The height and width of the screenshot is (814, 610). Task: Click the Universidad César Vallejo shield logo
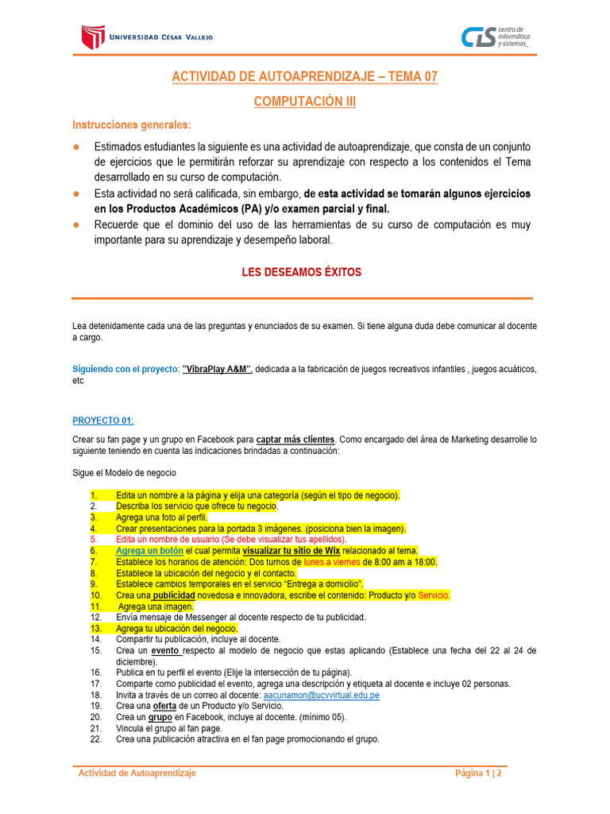pyautogui.click(x=93, y=37)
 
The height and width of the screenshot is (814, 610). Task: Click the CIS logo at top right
pyautogui.click(x=478, y=37)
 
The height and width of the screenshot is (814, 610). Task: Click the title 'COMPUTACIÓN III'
pyautogui.click(x=305, y=102)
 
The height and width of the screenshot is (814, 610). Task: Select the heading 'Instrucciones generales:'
pyautogui.click(x=132, y=126)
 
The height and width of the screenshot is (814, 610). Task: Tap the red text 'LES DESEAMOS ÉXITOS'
pyautogui.click(x=301, y=272)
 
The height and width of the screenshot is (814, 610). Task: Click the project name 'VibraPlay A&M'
pyautogui.click(x=217, y=369)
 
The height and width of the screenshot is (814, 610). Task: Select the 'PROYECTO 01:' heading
pyautogui.click(x=103, y=420)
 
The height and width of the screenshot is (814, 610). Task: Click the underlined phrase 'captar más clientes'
pyautogui.click(x=295, y=439)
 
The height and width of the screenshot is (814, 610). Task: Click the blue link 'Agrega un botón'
pyautogui.click(x=149, y=551)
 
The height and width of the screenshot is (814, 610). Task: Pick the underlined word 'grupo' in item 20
pyautogui.click(x=161, y=717)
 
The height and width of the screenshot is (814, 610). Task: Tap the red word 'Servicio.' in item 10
pyautogui.click(x=434, y=595)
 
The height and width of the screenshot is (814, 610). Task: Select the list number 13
pyautogui.click(x=95, y=629)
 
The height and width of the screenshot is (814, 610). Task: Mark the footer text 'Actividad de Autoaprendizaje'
pyautogui.click(x=137, y=773)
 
